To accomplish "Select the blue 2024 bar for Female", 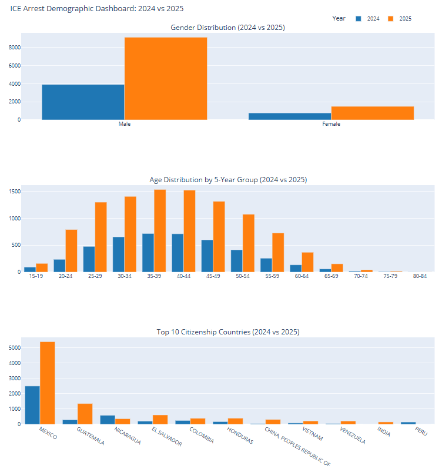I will [289, 116].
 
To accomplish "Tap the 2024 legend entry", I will [368, 19].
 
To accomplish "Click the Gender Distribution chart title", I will [227, 28].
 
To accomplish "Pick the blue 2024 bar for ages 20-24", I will [59, 266].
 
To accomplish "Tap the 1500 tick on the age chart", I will [14, 192].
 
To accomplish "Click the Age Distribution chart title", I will [228, 179].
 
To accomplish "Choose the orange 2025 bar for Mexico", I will [48, 383].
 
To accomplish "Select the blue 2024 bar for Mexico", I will [32, 405].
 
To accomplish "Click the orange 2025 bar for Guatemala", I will [85, 414].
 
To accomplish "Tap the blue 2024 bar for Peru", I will [408, 423].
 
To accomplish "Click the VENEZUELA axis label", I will [353, 436].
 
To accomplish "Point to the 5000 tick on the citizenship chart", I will [14, 348].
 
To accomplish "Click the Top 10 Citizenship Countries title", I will [227, 332].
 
